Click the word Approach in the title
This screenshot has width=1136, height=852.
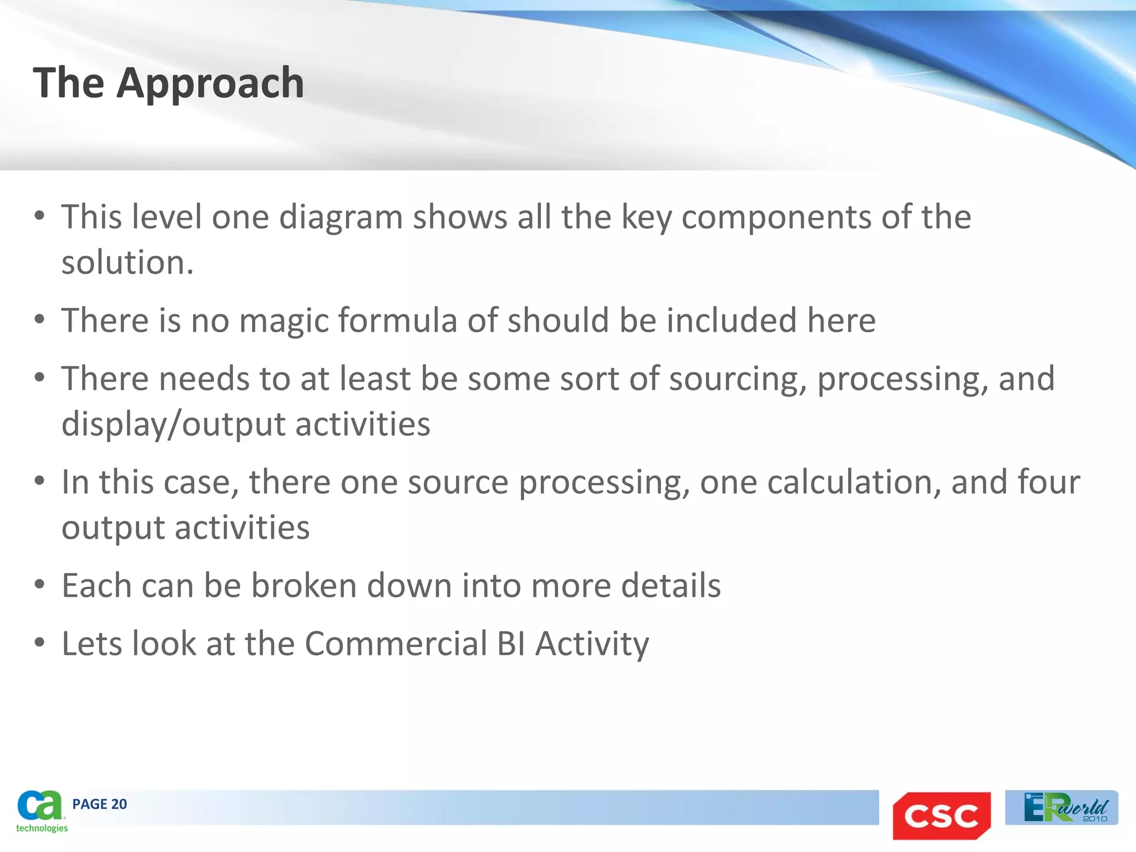coord(210,83)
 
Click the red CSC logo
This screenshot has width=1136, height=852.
coord(941,815)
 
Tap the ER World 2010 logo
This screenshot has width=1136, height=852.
coord(1062,808)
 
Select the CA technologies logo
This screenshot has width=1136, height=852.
coord(41,811)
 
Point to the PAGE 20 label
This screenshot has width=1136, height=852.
coord(99,804)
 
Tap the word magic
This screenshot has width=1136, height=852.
coord(283,321)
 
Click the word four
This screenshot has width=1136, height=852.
coord(1048,482)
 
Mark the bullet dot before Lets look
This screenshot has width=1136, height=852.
coord(39,643)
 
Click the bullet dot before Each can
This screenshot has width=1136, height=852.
coord(39,585)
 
